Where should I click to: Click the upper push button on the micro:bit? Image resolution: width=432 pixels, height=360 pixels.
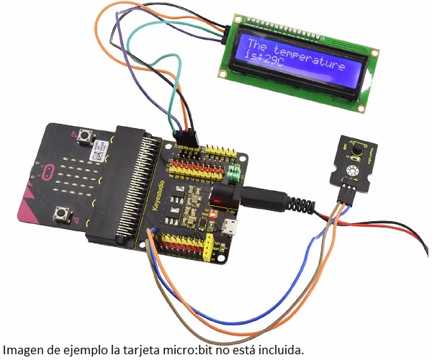click(88, 135)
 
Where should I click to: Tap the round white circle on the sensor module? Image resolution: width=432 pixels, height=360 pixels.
click(353, 171)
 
